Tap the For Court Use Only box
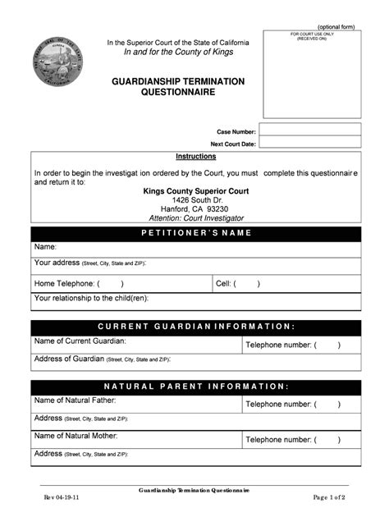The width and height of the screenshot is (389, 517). click(312, 74)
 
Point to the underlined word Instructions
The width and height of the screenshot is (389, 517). click(196, 156)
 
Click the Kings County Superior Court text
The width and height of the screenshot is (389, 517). click(196, 190)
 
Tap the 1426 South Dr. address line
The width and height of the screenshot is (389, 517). click(196, 200)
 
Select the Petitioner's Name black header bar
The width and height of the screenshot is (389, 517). click(195, 233)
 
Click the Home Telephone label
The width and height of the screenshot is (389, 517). click(66, 284)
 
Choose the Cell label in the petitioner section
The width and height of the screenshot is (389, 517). click(225, 284)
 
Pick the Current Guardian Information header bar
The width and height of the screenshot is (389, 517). click(195, 327)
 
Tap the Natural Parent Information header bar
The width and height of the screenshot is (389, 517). click(195, 386)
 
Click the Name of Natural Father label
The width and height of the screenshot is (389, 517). click(75, 400)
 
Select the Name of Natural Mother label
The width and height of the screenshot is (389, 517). click(76, 436)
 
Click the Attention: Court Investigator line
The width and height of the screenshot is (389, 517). click(196, 218)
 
